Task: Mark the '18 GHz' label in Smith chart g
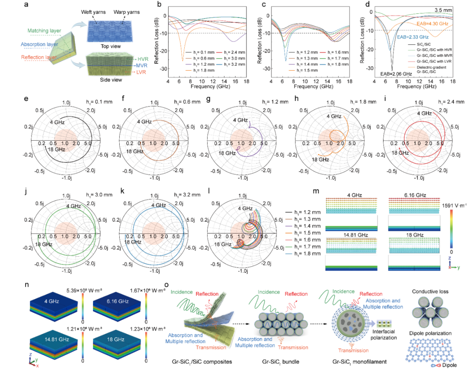pos(227,153)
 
